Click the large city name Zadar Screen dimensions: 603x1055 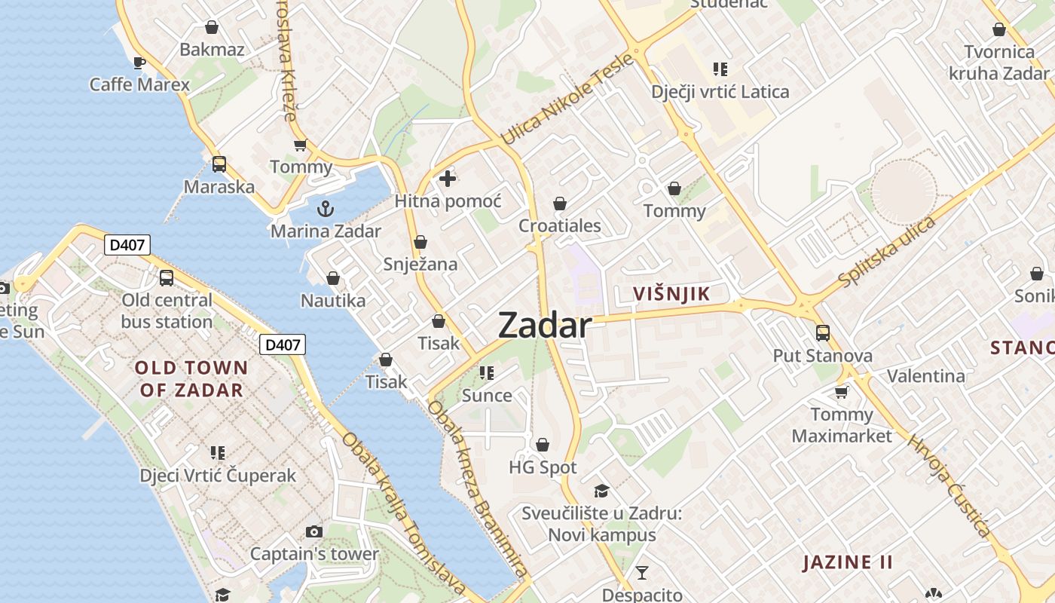click(545, 325)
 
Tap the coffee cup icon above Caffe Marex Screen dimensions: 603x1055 click(139, 62)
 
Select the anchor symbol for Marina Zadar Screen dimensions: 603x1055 click(326, 208)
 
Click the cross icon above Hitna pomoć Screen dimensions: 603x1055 click(448, 179)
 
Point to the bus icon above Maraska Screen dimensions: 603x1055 click(219, 164)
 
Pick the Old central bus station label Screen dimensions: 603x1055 click(167, 311)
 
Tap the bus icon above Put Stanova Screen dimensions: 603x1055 click(823, 332)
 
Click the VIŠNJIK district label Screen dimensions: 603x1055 click(671, 294)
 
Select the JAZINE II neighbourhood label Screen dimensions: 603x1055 click(848, 562)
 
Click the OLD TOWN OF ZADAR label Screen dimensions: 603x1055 click(191, 378)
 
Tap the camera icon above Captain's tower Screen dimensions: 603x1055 click(314, 531)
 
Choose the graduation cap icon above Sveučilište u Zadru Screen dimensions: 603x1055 click(601, 491)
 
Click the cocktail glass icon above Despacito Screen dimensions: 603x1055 click(641, 573)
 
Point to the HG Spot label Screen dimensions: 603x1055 click(543, 467)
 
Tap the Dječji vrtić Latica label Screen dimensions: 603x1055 click(720, 92)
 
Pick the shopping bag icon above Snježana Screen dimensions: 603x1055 click(420, 242)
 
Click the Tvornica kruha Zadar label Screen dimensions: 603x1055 click(999, 63)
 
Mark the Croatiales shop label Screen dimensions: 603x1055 click(560, 225)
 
